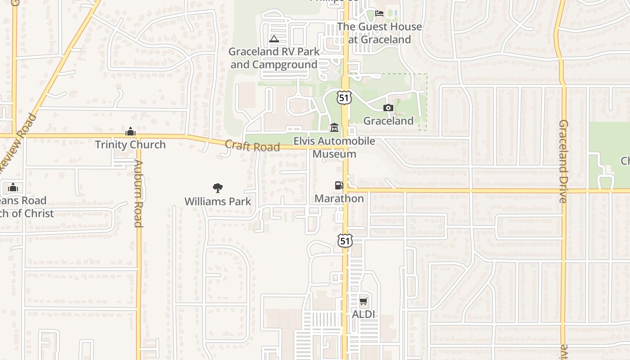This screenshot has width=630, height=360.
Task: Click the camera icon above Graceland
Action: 388,108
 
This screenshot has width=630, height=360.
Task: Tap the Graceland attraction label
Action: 388,121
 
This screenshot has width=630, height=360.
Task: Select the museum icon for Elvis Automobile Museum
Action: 334,128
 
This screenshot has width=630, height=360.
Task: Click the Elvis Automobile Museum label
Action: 334,148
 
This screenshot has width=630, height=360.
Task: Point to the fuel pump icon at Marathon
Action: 339,185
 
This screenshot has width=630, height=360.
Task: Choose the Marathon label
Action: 339,198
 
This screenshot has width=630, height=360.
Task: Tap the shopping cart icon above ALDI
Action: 363,301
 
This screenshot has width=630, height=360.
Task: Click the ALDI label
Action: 363,314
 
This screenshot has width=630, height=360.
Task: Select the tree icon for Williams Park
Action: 218,188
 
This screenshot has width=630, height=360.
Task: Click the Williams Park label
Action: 218,201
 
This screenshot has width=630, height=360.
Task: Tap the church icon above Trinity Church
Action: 130,131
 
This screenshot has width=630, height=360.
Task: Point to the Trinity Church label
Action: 130,144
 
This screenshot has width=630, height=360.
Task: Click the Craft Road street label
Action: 252,146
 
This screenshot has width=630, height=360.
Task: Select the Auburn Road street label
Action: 138,193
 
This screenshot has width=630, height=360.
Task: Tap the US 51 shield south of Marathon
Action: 345,240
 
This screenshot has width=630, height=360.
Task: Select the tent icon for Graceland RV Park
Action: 274,39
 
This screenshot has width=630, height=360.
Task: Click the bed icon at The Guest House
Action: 379,13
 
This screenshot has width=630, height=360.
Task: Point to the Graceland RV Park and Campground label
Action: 274,58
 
